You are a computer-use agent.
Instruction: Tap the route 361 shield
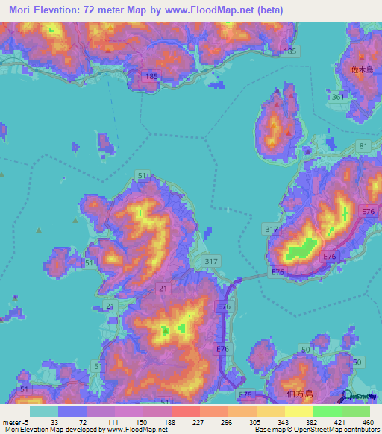click(x=338, y=97)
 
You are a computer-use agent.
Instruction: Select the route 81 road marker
click(x=363, y=145)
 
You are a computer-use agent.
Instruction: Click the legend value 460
click(x=368, y=421)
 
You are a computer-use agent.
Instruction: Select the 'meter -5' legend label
click(x=16, y=421)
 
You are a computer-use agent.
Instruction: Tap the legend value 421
click(x=339, y=421)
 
